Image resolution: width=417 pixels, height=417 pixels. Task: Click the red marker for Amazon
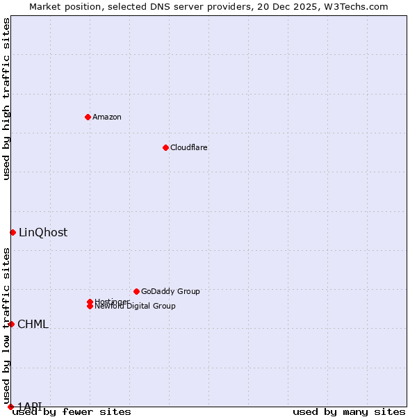88,117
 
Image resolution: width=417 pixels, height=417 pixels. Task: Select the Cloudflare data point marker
165,147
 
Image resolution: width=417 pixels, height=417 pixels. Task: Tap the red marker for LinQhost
13,232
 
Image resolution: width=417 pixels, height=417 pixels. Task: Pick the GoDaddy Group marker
136,291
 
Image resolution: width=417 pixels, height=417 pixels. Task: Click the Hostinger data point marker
90,302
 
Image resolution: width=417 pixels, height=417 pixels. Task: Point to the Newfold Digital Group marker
90,306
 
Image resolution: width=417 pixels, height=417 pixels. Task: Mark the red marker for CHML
11,324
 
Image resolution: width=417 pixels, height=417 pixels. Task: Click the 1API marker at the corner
10,407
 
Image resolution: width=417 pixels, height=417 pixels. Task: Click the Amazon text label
107,117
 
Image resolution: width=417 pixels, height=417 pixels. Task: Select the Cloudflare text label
189,147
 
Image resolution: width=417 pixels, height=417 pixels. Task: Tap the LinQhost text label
43,233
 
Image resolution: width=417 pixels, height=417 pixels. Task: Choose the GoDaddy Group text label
170,291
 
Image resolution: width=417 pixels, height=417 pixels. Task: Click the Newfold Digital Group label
136,306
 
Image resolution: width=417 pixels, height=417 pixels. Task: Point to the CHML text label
33,325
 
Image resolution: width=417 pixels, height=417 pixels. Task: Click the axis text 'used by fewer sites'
72,412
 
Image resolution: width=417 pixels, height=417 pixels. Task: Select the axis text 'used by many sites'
349,412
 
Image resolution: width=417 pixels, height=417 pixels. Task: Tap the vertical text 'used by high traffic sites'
7,99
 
